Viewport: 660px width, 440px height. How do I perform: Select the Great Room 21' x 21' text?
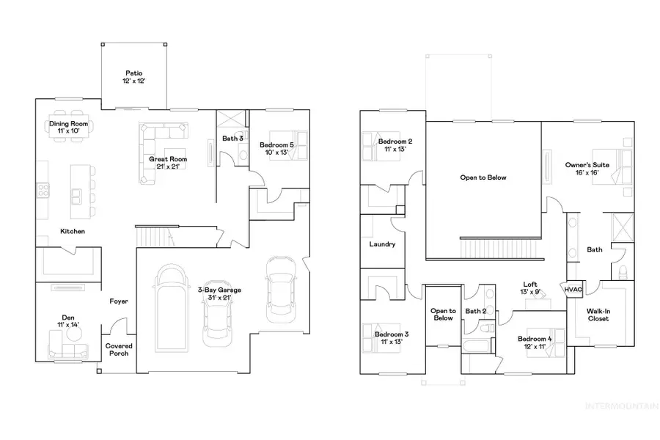coord(168,162)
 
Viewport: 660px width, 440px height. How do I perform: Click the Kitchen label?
coord(73,232)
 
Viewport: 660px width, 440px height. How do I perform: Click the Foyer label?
coord(120,301)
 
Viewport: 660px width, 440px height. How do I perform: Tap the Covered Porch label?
coord(118,349)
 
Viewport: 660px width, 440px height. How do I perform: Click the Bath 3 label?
coord(232,138)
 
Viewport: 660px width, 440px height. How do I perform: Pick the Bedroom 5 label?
coord(276,149)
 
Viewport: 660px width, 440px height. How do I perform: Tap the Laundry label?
coord(383,244)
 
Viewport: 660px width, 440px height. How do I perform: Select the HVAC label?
coord(573,289)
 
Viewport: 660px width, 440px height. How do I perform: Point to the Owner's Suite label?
coord(587,169)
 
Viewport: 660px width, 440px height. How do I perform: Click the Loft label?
coord(531,287)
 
